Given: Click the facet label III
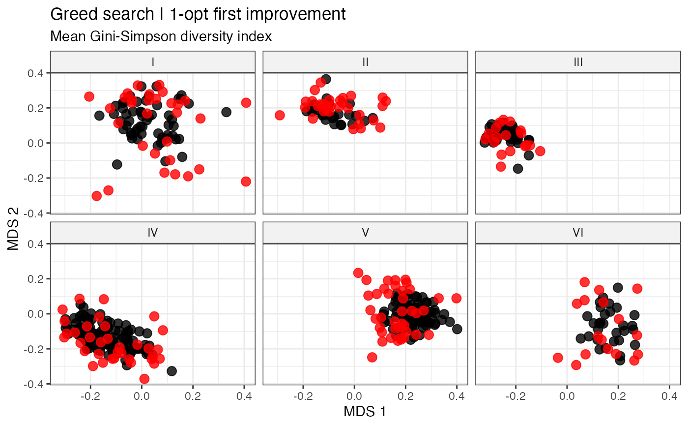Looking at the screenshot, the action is (578, 62).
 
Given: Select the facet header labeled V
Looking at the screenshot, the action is (365, 233).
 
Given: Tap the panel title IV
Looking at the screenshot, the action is (153, 233).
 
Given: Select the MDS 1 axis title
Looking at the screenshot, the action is (365, 412).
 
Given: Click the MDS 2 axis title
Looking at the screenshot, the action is (13, 229).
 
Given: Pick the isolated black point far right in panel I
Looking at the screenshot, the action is (227, 112).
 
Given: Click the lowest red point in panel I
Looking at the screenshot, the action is (97, 196).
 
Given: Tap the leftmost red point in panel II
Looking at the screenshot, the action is (280, 116).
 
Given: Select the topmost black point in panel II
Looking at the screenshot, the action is (326, 79).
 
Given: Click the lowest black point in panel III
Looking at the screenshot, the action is (518, 168).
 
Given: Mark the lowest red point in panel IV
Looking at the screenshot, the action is (144, 379).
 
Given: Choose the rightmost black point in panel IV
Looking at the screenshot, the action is (172, 371).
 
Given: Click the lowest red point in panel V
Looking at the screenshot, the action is (372, 357).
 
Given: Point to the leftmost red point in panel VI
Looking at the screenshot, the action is (558, 358).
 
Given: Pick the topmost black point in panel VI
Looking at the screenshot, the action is (618, 288).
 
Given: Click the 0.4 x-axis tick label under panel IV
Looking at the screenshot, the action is (244, 396).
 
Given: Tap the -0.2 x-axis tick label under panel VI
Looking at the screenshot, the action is (516, 396).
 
